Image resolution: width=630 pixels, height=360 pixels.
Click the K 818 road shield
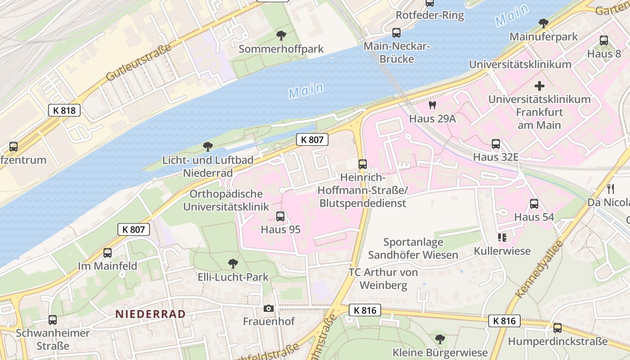click(64, 110)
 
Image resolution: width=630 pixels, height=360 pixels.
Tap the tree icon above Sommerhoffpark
click(281, 35)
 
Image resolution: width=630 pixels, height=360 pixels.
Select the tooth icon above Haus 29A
click(432, 105)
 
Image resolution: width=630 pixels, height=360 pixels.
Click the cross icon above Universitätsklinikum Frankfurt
click(539, 86)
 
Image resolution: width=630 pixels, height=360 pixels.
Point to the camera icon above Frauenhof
click(269, 308)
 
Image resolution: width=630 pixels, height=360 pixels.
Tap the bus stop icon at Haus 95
click(280, 216)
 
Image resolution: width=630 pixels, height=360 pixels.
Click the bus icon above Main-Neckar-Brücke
click(396, 33)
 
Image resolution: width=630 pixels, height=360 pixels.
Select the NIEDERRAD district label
click(150, 314)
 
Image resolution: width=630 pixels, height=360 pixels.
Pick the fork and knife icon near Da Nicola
click(611, 189)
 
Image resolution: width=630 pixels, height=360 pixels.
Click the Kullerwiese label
click(502, 251)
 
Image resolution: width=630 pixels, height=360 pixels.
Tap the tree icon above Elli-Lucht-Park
click(233, 263)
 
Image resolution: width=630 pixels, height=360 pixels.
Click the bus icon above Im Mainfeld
click(108, 253)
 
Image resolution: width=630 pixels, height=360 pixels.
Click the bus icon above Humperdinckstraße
click(558, 328)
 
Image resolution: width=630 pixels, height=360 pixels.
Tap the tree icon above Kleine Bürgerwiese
click(440, 339)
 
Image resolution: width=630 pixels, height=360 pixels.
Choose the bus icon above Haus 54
click(534, 204)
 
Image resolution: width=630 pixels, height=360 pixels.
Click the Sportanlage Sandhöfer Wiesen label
click(413, 248)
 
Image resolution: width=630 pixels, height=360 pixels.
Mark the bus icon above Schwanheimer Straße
click(53, 320)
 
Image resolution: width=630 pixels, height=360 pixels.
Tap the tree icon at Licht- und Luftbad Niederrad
click(207, 146)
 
